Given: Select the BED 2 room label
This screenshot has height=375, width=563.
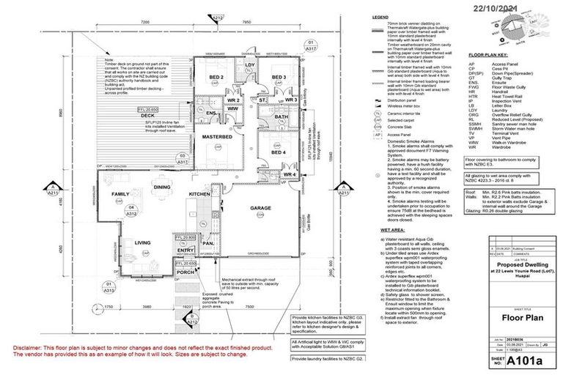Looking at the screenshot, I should coord(216,77).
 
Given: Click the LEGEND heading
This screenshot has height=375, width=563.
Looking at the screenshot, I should coord(380,16).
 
